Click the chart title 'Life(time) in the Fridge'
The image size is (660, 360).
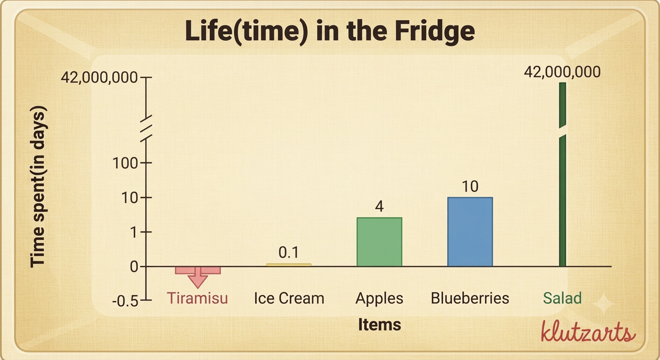pyautogui.click(x=330, y=31)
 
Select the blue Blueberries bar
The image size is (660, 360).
pyautogui.click(x=470, y=232)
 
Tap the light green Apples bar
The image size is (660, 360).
pyautogui.click(x=379, y=242)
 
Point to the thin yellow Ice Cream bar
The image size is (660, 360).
pyautogui.click(x=289, y=265)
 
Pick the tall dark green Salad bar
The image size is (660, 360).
pyautogui.click(x=562, y=174)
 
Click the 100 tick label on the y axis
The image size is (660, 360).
pyautogui.click(x=125, y=163)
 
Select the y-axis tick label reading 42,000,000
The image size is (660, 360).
pyautogui.click(x=99, y=77)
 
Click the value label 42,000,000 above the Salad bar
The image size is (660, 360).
pyautogui.click(x=562, y=72)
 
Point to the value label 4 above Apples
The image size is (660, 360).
pyautogui.click(x=379, y=206)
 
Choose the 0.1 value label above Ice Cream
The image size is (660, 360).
pyautogui.click(x=289, y=253)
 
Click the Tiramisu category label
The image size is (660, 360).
pyautogui.click(x=197, y=298)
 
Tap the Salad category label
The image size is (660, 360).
pyautogui.click(x=562, y=298)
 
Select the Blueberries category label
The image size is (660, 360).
pyautogui.click(x=470, y=298)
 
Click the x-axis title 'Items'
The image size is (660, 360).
pyautogui.click(x=380, y=325)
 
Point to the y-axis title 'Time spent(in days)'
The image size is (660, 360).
pyautogui.click(x=38, y=187)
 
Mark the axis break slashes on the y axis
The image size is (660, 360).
pyautogui.click(x=146, y=129)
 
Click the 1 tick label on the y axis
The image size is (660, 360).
pyautogui.click(x=134, y=232)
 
